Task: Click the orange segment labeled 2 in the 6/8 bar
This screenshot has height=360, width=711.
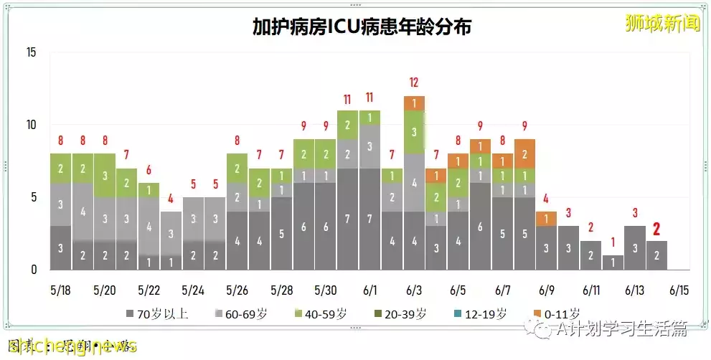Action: (524, 153)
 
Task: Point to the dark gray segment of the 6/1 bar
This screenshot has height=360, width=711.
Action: (369, 219)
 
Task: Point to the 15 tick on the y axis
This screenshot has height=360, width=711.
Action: (31, 52)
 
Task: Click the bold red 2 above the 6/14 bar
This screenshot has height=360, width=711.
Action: (656, 229)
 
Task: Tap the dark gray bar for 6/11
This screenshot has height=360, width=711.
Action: (590, 255)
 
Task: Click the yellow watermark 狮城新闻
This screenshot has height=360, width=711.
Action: (652, 23)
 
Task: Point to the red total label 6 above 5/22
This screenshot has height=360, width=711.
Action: (149, 170)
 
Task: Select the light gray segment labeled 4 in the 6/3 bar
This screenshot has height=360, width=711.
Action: (414, 182)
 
